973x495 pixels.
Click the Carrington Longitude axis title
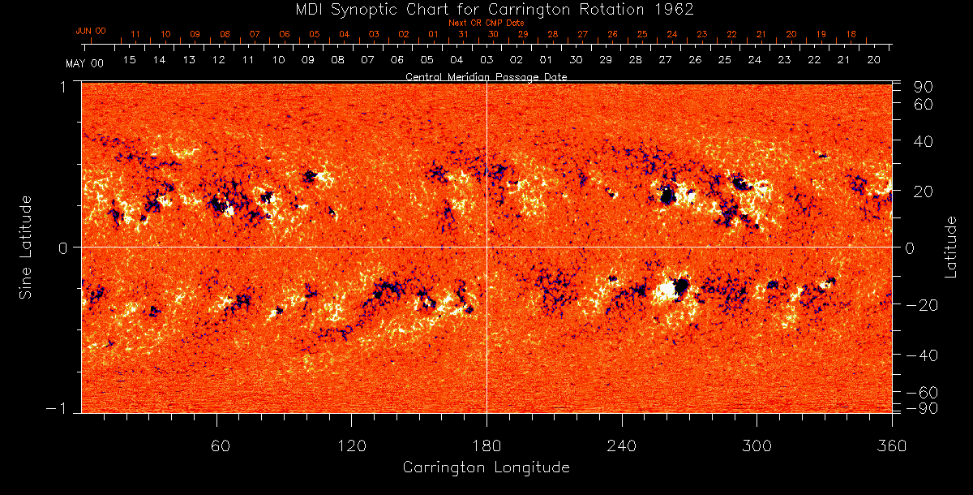[x=486, y=467]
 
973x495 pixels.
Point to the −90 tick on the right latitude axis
[x=924, y=407]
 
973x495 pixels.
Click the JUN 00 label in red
[x=90, y=31]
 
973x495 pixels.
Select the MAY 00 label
[x=85, y=62]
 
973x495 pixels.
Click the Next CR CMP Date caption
[x=486, y=23]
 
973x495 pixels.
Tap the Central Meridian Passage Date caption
[x=486, y=76]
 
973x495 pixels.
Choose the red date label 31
[x=463, y=34]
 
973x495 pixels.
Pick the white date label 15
[x=130, y=60]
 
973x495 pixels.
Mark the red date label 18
[x=851, y=34]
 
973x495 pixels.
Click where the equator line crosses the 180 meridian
[x=486, y=247]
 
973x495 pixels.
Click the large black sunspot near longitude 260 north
[x=667, y=195]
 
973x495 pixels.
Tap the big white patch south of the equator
[x=667, y=288]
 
